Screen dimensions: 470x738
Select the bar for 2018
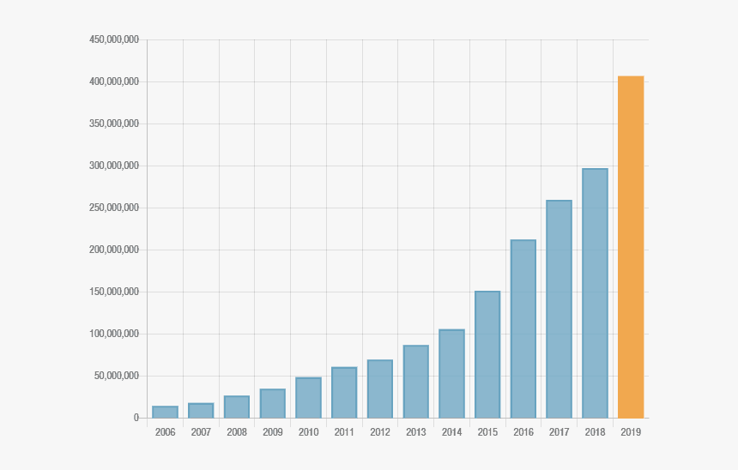coord(595,293)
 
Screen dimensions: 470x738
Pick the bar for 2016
coord(523,329)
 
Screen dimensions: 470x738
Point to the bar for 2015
coord(487,355)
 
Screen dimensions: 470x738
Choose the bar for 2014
coord(451,374)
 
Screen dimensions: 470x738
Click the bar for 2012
coord(380,389)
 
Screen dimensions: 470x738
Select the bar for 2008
coord(237,407)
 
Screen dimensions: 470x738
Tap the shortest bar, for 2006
coord(165,413)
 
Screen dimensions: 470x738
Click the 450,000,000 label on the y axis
coord(113,39)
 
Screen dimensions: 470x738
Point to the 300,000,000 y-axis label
coord(113,166)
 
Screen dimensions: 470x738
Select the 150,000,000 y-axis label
coord(113,292)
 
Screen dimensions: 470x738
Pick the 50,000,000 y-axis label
coord(116,376)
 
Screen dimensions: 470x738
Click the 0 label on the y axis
coord(136,418)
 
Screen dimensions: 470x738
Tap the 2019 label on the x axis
coord(631,432)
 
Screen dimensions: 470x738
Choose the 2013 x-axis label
coord(416,432)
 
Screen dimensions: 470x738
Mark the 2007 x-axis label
coord(201,432)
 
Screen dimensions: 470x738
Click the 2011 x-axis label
coord(344,432)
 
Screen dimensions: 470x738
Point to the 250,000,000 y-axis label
coord(113,208)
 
